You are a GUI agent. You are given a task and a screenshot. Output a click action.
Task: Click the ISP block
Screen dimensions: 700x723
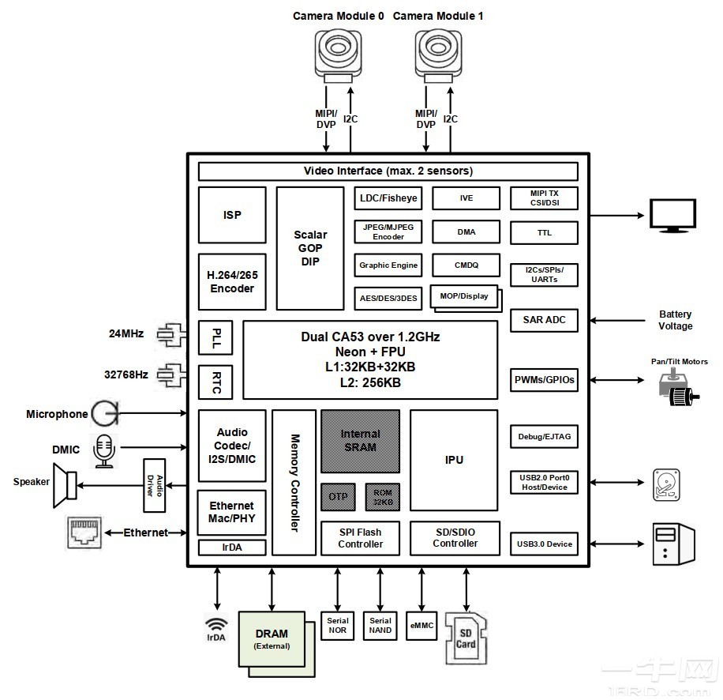coord(232,215)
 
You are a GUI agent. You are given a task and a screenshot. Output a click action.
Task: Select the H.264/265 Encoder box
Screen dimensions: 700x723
coord(232,282)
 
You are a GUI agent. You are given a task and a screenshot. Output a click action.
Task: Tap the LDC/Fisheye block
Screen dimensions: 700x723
coord(388,198)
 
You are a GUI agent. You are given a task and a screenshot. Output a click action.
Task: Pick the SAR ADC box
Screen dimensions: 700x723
coord(545,320)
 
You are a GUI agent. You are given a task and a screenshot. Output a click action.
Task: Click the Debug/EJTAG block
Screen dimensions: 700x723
coord(545,437)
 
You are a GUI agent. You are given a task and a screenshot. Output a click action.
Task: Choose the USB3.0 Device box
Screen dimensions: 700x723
coord(545,544)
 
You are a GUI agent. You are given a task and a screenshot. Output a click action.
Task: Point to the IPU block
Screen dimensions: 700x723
coord(454,460)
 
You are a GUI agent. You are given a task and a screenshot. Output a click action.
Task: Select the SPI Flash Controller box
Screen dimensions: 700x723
coord(360,538)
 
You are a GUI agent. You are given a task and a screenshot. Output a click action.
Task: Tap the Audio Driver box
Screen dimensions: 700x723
coord(155,484)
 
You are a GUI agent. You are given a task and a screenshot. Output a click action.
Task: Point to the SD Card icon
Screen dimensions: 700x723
coord(465,639)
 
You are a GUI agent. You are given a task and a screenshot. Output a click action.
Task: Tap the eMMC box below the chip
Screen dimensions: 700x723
coord(421,626)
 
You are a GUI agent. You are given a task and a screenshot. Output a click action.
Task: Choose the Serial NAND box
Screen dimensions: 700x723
coord(380,626)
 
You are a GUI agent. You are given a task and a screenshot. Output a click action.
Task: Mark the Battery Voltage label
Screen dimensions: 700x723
coord(675,320)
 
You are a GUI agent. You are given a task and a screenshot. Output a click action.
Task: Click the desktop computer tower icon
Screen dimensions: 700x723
coord(672,544)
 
